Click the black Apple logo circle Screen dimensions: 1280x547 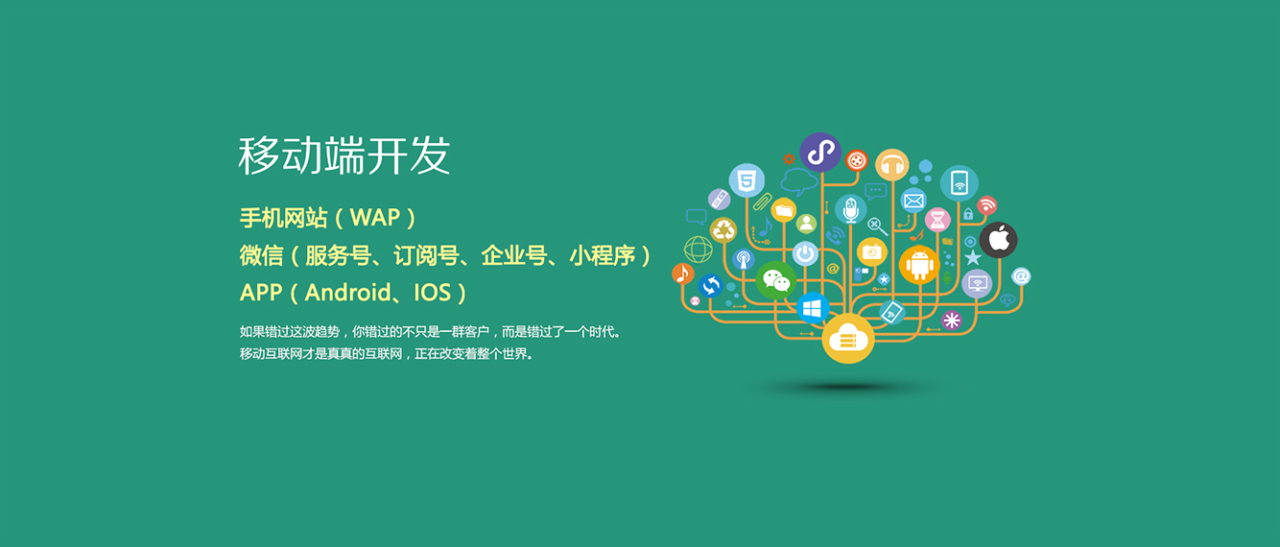pos(998,240)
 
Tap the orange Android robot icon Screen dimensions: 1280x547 pos(919,265)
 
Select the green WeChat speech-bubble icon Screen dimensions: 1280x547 pos(776,280)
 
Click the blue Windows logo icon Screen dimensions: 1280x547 pos(812,309)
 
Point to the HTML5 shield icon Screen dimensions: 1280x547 pos(747,180)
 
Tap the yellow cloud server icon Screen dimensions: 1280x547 pos(848,338)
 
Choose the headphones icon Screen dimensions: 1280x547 pos(892,165)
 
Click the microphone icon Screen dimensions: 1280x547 pos(850,209)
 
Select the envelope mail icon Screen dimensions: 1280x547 pos(913,201)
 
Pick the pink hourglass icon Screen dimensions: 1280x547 pos(937,220)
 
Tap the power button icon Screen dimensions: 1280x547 pos(805,253)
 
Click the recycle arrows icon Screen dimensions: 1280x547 pos(723,230)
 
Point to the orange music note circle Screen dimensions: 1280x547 pos(683,273)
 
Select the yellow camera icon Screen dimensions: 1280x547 pos(872,251)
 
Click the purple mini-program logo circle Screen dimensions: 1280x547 pos(820,152)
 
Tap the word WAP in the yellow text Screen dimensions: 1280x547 pos(375,218)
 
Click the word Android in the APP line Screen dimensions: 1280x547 pos(347,293)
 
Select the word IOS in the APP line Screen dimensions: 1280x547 pos(433,293)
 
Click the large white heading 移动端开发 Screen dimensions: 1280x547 pos(344,155)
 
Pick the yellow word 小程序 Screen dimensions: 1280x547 pos(603,255)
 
